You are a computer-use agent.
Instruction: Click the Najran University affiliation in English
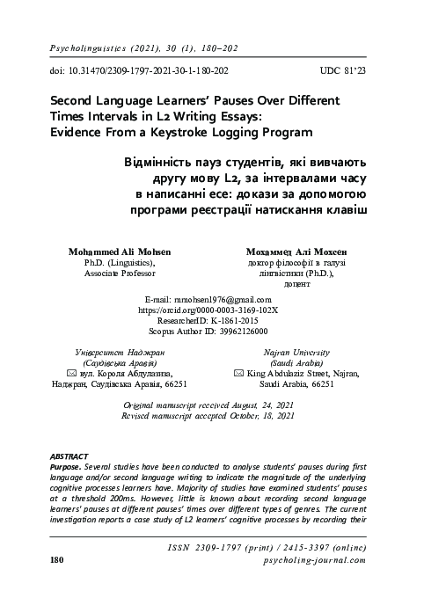click(x=296, y=351)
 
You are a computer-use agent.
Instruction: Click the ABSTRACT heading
click(x=69, y=457)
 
